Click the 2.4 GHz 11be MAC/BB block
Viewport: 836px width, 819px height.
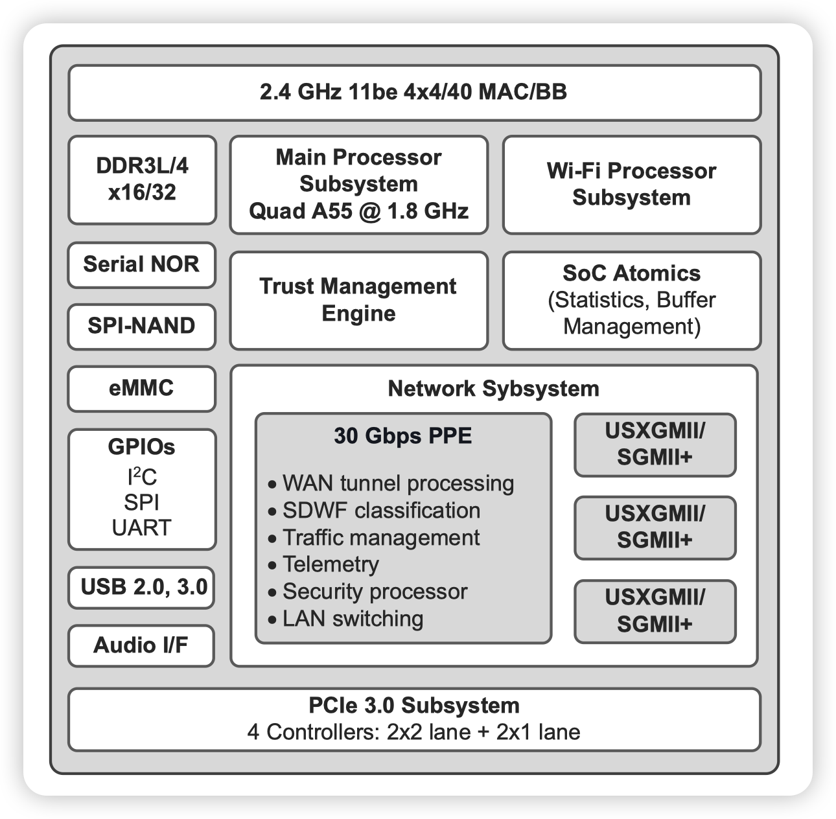pos(413,92)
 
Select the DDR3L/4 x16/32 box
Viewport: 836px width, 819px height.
pos(142,179)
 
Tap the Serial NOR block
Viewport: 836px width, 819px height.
pos(141,264)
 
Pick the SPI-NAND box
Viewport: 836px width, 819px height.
pos(141,325)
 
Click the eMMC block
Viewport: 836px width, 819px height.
pos(141,388)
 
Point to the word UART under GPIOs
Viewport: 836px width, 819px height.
pos(141,527)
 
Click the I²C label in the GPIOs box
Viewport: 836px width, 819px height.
pos(141,478)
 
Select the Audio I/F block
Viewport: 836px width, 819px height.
pos(141,645)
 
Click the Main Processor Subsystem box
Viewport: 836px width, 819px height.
pos(358,184)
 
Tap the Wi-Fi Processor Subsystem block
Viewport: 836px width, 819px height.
pos(631,184)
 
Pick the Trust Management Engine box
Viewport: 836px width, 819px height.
pos(358,300)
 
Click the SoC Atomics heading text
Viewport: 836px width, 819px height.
pos(631,273)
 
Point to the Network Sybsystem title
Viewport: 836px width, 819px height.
pos(493,389)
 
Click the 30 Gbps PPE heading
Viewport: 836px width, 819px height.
pos(403,435)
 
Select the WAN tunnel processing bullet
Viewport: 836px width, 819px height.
pos(397,483)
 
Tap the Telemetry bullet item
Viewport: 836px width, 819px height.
pos(330,564)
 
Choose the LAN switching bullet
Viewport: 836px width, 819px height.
pos(352,619)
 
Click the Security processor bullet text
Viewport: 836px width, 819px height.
pos(374,592)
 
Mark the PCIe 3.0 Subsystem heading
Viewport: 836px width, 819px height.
pos(413,705)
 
